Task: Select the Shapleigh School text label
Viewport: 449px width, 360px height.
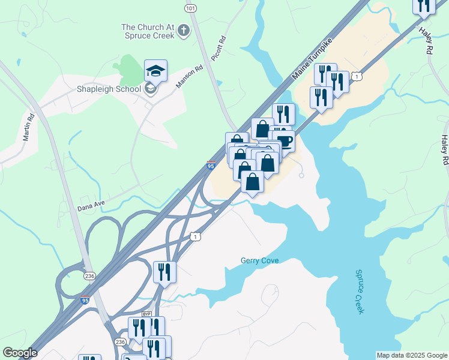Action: click(109, 89)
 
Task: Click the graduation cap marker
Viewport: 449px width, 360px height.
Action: click(155, 71)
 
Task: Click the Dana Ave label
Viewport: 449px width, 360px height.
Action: click(91, 206)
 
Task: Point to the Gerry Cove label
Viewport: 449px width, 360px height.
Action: click(260, 260)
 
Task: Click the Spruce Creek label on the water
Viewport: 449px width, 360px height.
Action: click(360, 292)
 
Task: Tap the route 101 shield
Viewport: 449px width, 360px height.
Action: click(190, 8)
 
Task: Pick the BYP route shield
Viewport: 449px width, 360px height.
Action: click(146, 314)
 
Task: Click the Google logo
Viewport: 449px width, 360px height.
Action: click(20, 353)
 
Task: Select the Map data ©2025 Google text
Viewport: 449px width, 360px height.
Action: click(412, 355)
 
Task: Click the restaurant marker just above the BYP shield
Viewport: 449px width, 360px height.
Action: click(164, 272)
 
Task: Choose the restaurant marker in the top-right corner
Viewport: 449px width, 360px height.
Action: click(424, 5)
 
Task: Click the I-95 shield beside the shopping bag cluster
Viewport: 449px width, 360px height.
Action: click(210, 166)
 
